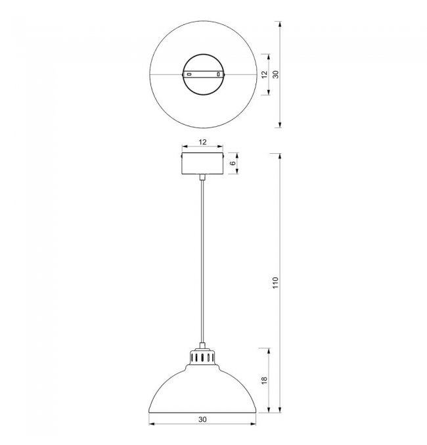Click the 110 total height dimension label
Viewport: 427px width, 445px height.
click(275, 283)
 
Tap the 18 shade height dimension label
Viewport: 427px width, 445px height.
click(264, 381)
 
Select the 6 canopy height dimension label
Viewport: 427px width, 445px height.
click(233, 163)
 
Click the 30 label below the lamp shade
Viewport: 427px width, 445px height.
click(202, 419)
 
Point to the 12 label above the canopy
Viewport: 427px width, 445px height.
click(202, 142)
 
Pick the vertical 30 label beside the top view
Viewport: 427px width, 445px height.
click(275, 74)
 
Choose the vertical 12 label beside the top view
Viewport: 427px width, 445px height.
click(264, 74)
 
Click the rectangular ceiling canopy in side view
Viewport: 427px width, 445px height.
click(202, 163)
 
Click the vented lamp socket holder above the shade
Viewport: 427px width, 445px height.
click(202, 358)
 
